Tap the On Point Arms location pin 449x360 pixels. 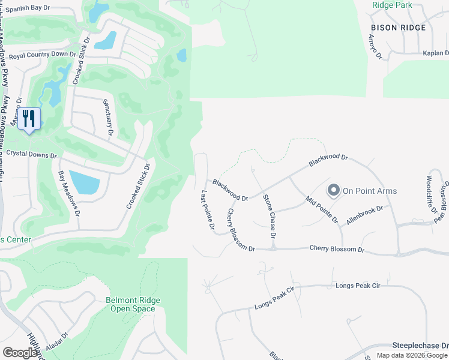point(334,191)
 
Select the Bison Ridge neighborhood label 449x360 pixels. point(398,28)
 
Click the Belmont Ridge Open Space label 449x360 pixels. point(130,305)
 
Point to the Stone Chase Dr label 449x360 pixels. point(269,216)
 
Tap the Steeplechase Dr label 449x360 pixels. point(420,346)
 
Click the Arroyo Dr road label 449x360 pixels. point(374,47)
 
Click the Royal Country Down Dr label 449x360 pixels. point(43,55)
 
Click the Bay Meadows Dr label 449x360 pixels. point(70,194)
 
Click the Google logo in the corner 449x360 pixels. point(20,352)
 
